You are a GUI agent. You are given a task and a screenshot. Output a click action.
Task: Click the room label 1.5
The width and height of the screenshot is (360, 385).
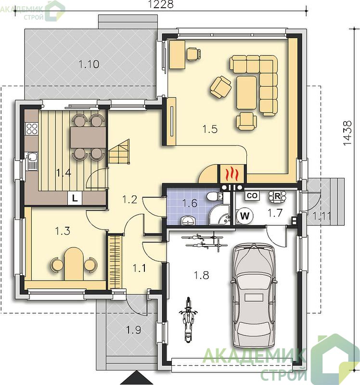(x=210, y=128)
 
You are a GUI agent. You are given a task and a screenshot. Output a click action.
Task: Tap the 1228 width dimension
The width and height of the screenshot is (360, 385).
(x=161, y=4)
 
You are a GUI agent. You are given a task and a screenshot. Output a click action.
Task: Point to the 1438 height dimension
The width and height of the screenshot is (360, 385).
(x=347, y=133)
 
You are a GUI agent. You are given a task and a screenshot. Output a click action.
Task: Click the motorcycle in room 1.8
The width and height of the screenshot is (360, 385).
(x=188, y=320)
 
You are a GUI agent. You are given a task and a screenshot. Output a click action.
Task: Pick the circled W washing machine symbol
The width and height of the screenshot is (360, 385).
(x=244, y=216)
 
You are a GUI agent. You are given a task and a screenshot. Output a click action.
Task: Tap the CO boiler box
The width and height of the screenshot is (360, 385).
(x=252, y=196)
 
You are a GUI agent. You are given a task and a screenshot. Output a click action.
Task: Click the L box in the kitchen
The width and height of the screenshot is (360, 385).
(x=75, y=198)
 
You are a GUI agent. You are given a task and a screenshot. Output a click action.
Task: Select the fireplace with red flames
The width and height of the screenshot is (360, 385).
(x=231, y=174)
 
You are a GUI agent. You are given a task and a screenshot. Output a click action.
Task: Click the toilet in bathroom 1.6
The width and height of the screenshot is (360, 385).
(x=214, y=197)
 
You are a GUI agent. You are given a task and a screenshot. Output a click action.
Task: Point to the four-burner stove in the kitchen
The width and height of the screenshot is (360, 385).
(x=32, y=128)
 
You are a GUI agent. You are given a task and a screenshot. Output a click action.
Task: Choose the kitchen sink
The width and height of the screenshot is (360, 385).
(x=32, y=161)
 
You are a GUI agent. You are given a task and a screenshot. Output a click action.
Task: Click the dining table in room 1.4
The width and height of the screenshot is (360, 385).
(x=88, y=137)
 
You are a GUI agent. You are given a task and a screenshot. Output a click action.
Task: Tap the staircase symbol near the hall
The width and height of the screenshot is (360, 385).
(x=119, y=152)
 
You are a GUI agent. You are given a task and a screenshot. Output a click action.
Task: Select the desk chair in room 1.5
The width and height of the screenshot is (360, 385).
(x=193, y=54)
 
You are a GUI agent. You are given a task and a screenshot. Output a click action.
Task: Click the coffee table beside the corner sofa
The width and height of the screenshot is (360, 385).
(x=246, y=92)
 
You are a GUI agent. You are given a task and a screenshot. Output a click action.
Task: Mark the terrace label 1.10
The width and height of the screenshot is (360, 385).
(x=89, y=64)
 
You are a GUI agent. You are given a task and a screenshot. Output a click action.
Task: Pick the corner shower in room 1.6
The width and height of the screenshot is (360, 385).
(x=219, y=215)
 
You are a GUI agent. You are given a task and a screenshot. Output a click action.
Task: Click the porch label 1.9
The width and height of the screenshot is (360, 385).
(x=134, y=330)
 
